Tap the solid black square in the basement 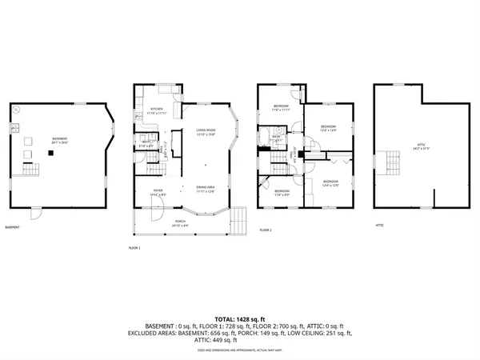(50, 154)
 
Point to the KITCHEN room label (156, 110)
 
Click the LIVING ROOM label (206, 132)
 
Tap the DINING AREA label (206, 189)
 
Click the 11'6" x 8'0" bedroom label (282, 192)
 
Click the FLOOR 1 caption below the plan (134, 248)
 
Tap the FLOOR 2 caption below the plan (266, 230)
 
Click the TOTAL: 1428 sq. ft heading (240, 318)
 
